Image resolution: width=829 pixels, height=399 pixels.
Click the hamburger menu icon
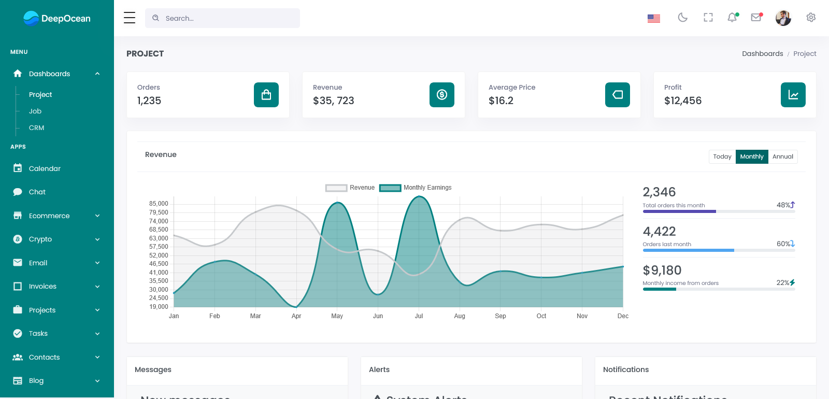point(130,18)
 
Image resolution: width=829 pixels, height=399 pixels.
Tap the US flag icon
point(654,18)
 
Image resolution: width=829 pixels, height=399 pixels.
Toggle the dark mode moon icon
point(683,18)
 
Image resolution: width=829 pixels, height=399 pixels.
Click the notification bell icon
point(732,18)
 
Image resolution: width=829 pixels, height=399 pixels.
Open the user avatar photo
point(783,18)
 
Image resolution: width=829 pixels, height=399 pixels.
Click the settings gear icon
point(811,18)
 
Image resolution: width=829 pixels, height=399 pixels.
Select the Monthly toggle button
point(752,156)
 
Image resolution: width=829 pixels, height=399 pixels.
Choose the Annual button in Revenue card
point(782,156)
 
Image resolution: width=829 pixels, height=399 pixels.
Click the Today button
point(722,156)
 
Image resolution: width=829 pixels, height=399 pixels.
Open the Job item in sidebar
point(35,111)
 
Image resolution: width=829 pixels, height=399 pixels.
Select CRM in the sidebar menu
point(36,128)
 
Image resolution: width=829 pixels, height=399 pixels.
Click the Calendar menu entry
point(45,168)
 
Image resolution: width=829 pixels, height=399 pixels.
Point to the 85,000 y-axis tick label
point(159,204)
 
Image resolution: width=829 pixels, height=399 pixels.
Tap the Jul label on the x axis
point(419,316)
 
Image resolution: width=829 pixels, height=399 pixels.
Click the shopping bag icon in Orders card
point(266,95)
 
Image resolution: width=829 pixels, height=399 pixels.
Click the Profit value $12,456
point(683,101)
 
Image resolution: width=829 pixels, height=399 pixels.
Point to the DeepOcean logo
point(57,19)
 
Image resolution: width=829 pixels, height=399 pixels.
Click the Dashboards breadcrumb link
point(762,54)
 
